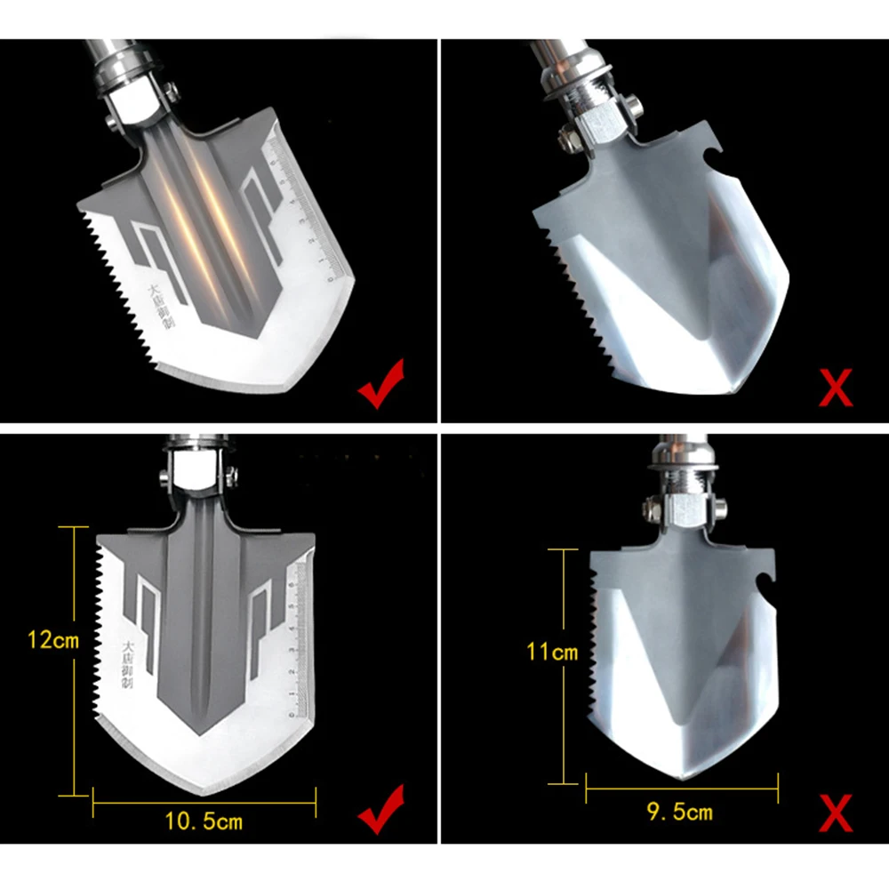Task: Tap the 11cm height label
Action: click(552, 653)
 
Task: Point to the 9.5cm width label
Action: click(681, 812)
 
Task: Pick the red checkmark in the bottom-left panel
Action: click(380, 809)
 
